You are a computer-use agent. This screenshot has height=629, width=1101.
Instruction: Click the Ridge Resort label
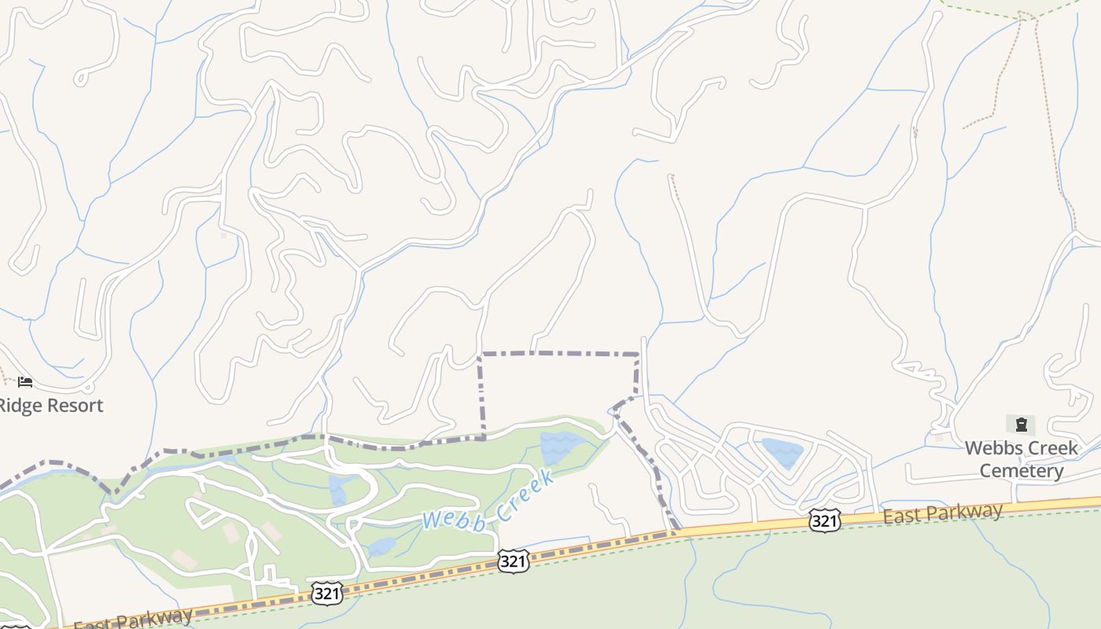[50, 406]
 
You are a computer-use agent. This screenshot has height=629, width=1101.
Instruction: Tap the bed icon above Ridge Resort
[25, 382]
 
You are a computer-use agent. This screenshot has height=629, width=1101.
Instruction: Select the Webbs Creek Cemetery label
[1022, 459]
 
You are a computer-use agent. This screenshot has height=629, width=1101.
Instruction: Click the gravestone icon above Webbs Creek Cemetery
[1021, 425]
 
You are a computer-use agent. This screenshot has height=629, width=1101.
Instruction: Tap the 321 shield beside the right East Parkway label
[824, 520]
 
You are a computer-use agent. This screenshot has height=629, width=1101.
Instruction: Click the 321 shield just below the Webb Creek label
[513, 561]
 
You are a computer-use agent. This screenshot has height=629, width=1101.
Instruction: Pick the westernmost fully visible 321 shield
[326, 593]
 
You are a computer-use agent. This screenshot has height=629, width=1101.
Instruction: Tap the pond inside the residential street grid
[782, 453]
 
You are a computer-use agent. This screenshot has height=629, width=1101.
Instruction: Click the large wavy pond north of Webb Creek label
[561, 447]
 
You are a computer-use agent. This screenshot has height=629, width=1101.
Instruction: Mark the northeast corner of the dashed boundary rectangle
[637, 355]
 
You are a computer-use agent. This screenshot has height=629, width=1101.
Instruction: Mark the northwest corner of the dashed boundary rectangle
[480, 355]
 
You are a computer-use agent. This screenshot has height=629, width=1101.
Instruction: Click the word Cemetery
[1022, 471]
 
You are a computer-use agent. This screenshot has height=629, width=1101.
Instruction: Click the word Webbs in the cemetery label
[994, 448]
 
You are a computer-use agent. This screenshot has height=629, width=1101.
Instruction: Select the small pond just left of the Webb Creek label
[381, 546]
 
